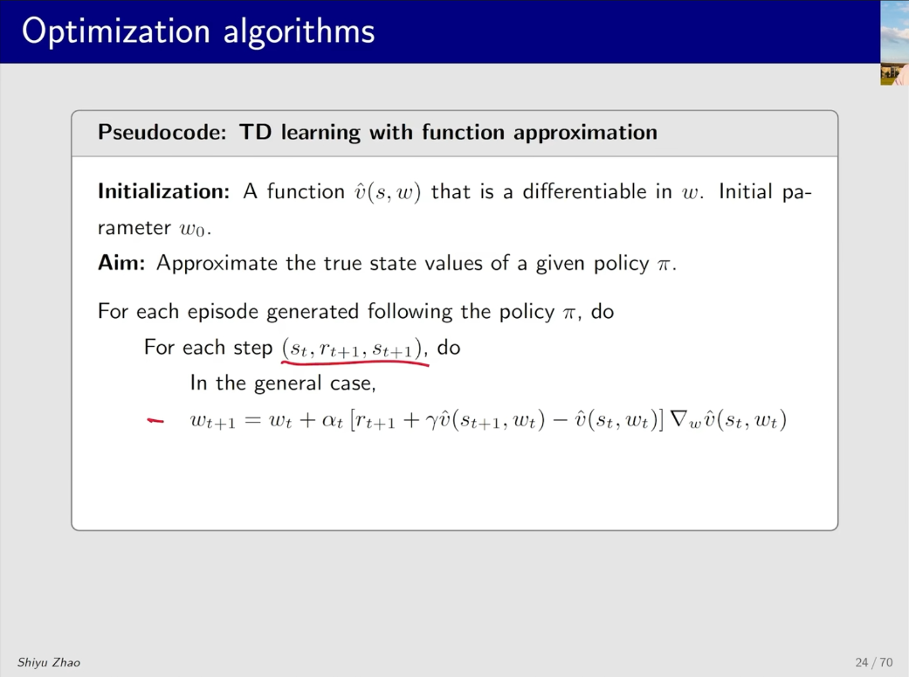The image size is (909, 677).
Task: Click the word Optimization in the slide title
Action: click(x=116, y=31)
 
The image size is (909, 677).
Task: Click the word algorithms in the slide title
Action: click(x=300, y=31)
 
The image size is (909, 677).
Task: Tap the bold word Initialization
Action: click(x=164, y=191)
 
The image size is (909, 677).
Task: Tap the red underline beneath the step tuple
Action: click(x=355, y=363)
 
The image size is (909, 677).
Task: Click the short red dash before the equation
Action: click(x=155, y=421)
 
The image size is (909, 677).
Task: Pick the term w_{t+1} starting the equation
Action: click(x=213, y=421)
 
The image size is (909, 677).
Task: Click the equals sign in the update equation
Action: click(x=252, y=420)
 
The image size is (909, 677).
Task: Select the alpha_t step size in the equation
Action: click(x=332, y=420)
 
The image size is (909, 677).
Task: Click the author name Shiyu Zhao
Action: click(x=49, y=662)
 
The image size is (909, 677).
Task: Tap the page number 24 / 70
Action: click(x=874, y=662)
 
